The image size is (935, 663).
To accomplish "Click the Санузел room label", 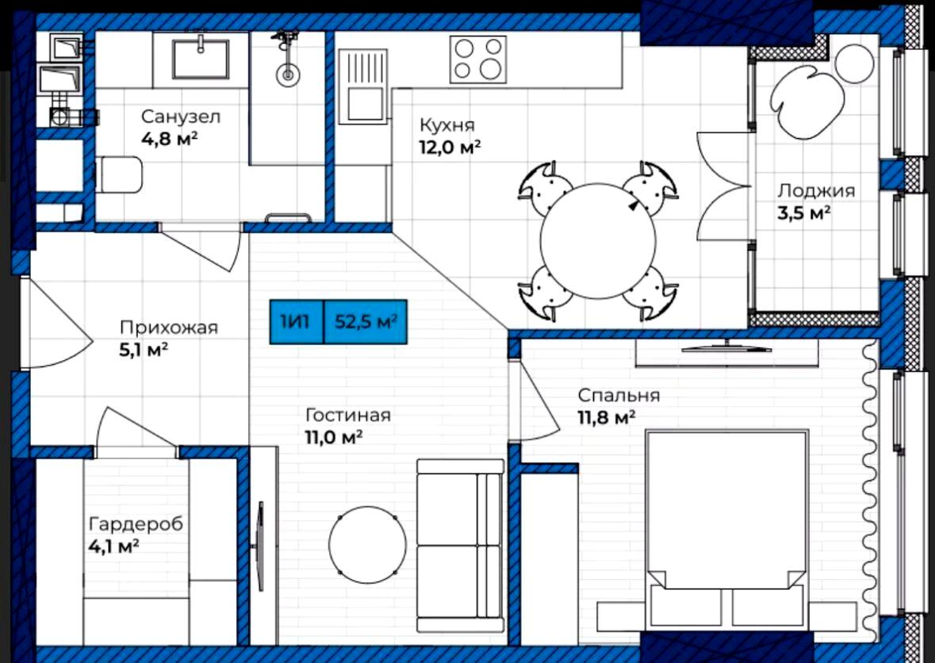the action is [x=172, y=117].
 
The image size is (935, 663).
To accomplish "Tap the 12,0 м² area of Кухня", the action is [x=450, y=148].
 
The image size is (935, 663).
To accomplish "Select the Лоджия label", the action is [x=816, y=191].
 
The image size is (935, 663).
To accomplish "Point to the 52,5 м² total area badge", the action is [x=366, y=322].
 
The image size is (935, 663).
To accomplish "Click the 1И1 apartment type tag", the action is [x=297, y=322].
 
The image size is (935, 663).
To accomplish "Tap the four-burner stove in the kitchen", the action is [x=477, y=59].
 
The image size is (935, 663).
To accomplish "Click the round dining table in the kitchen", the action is [x=598, y=240].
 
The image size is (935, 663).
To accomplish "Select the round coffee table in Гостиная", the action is [x=367, y=545].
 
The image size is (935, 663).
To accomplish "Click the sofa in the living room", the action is [x=460, y=545].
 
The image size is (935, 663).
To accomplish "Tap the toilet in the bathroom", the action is [x=119, y=174].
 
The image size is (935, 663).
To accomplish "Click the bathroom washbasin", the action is [x=201, y=59].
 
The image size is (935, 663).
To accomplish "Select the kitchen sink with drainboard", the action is [x=363, y=87].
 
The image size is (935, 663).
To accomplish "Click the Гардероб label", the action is [x=136, y=525].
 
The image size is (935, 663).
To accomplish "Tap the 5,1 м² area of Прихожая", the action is [x=144, y=350].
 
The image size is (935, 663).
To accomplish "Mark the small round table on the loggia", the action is [x=854, y=63].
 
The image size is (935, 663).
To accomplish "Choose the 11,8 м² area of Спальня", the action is [x=606, y=417].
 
